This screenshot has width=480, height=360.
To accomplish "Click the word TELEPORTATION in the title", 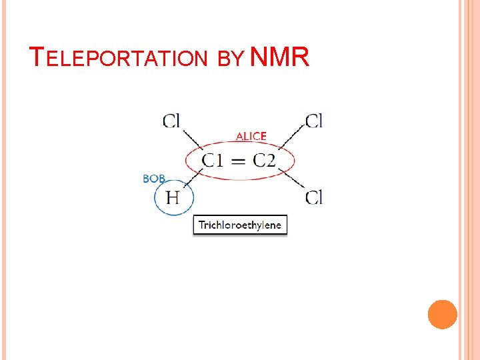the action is point(120,58).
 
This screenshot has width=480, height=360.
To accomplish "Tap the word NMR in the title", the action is point(281,57).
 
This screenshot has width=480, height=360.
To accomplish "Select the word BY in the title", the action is point(231,59).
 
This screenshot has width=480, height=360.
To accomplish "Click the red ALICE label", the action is point(251,136).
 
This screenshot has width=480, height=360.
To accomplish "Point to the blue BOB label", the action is point(154,179).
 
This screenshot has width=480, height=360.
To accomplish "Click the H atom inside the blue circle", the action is point(173,197).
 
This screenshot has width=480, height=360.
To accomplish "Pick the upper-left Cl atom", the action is point(171,121).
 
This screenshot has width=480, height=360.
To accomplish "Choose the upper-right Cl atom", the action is point(314,121).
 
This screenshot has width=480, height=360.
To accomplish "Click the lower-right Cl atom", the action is point(314,197).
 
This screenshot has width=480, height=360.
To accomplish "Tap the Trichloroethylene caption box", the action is point(240,225).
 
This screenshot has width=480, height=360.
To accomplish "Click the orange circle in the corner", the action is point(442,314).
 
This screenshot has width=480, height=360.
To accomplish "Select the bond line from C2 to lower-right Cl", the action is point(291,181).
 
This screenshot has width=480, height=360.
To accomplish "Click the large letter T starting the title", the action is point(37,57).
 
